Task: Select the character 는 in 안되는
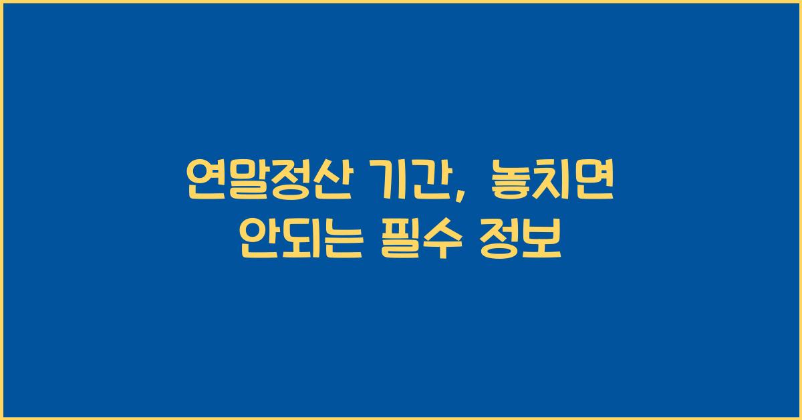click(x=342, y=241)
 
